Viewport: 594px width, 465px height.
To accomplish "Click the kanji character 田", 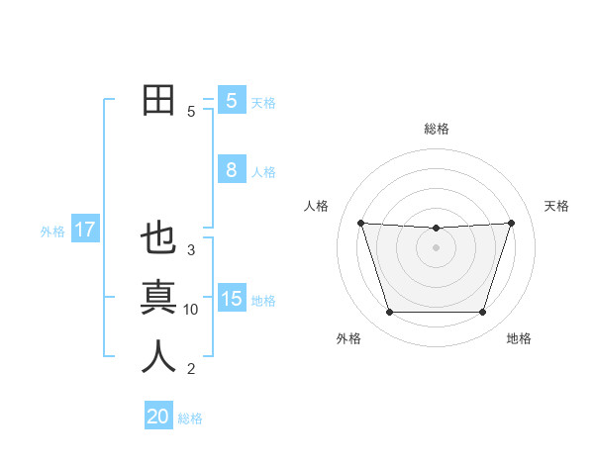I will click(x=158, y=100).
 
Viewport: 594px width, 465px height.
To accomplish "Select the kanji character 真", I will click(x=158, y=298).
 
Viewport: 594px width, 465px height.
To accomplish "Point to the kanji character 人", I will click(x=158, y=357).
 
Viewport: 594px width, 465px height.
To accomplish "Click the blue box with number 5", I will click(x=231, y=100).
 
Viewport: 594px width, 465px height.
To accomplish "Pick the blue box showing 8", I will click(x=231, y=170).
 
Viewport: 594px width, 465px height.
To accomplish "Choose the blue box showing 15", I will click(x=231, y=298).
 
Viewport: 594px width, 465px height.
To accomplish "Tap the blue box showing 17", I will click(x=84, y=230).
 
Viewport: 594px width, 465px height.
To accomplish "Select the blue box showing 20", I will click(x=158, y=417).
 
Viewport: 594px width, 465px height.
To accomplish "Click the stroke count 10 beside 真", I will click(x=191, y=310).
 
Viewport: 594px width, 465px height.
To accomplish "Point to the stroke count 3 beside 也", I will click(x=191, y=250).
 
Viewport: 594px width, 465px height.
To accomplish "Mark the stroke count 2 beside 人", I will click(x=191, y=369).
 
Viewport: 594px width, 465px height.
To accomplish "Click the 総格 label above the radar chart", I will click(x=436, y=129).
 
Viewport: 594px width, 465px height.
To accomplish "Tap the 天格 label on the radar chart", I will click(x=557, y=206).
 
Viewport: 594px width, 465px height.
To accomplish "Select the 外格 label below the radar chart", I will click(x=348, y=338).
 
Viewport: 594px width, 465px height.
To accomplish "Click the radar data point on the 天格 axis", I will click(x=511, y=223).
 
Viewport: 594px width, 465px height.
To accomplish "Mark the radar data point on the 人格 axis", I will click(x=360, y=223).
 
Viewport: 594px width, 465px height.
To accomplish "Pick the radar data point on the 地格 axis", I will click(x=482, y=313).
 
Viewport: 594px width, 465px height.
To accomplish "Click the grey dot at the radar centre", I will click(x=436, y=247).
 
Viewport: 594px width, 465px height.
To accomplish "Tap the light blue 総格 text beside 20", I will click(x=190, y=418).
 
